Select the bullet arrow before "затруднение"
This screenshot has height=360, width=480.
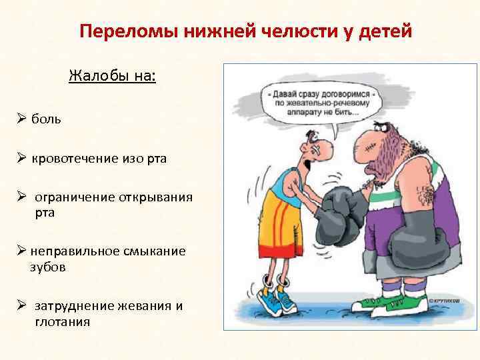(x=22, y=306)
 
